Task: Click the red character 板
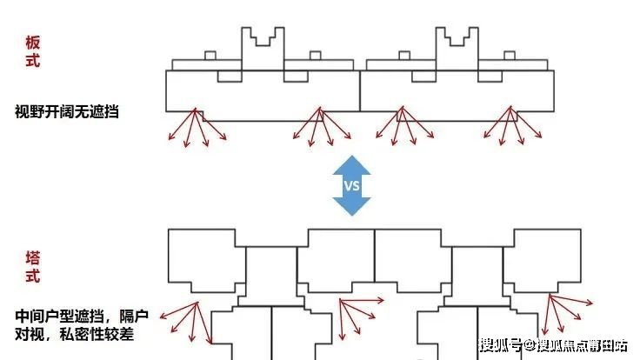click(33, 43)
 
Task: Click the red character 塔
click(33, 258)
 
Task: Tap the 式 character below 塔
click(33, 276)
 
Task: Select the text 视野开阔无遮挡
click(67, 111)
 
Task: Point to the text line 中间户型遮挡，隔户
click(82, 316)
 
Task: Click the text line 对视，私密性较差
click(74, 334)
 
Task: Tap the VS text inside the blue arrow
click(351, 186)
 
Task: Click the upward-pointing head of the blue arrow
click(351, 165)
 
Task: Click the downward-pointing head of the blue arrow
click(351, 207)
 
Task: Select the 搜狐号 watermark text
click(501, 345)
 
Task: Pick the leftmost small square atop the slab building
click(210, 56)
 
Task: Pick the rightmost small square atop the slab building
click(510, 56)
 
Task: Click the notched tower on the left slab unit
click(263, 49)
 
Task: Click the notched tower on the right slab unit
click(457, 49)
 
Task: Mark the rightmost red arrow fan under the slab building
click(513, 126)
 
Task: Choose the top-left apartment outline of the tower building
click(207, 261)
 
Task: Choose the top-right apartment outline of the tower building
click(543, 261)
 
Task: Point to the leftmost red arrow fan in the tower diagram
click(186, 323)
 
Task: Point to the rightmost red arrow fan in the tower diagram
click(567, 314)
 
